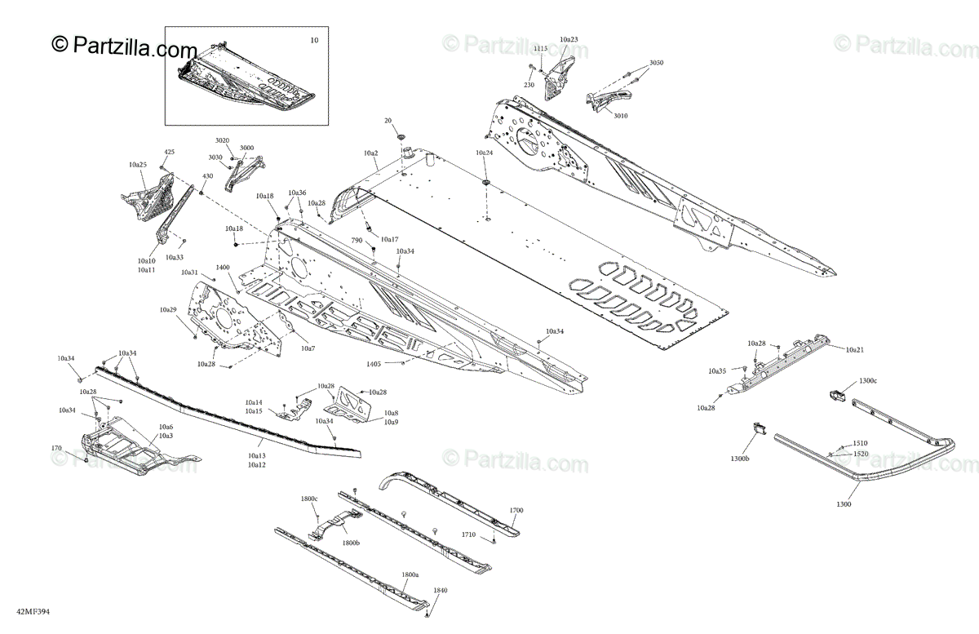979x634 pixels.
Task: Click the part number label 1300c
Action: pos(868,381)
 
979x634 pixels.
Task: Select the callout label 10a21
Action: pos(854,349)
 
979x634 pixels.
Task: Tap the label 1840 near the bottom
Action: pos(441,590)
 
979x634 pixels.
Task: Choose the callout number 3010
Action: pos(621,116)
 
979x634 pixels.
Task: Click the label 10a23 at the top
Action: pos(569,39)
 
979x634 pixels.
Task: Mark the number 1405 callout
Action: pos(374,363)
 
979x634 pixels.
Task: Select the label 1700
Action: pos(516,510)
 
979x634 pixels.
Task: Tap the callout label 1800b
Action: pos(351,543)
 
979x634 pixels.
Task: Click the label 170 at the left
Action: pos(56,448)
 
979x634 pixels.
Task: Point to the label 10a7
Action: pos(308,348)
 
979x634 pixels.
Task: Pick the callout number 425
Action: pos(170,152)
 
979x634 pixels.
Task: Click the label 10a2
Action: pos(371,153)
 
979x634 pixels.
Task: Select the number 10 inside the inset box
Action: pos(315,40)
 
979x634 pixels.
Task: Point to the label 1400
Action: pos(223,267)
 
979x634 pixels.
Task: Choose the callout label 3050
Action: pos(657,63)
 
